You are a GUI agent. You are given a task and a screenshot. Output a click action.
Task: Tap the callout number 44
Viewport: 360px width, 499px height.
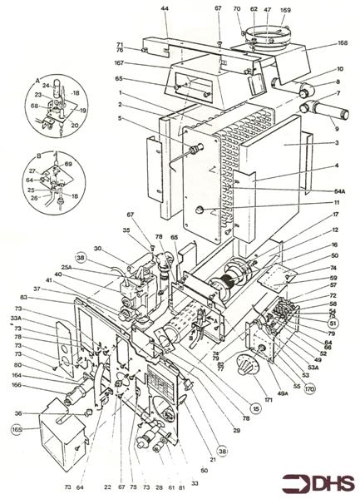coord(165,8)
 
